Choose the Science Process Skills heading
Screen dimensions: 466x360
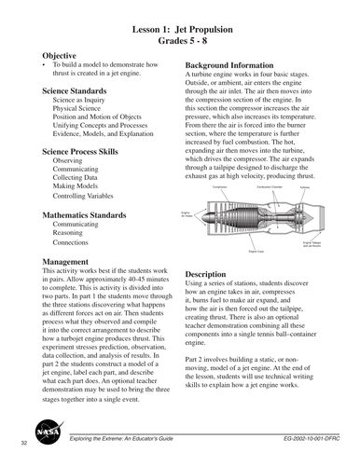(90, 150)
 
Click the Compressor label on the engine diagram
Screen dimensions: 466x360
(221, 187)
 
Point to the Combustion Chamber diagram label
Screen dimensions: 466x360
(270, 187)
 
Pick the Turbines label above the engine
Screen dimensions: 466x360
(304, 187)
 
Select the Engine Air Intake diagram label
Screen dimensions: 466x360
(186, 213)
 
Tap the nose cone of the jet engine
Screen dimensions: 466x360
(208, 217)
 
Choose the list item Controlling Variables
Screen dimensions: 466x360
(88, 198)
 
